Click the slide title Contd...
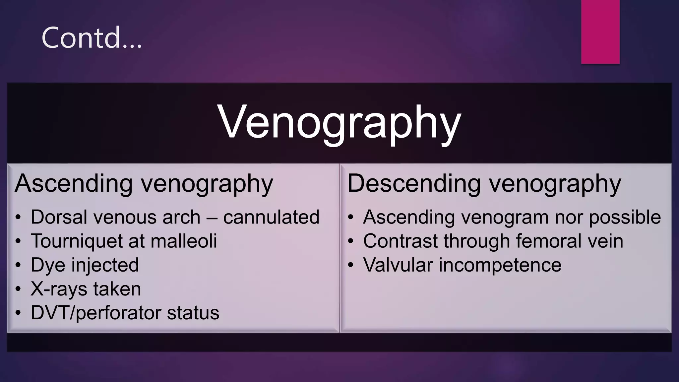(x=92, y=38)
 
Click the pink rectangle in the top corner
(x=600, y=32)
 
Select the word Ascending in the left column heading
(x=74, y=183)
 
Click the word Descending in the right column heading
(x=414, y=183)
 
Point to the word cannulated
(x=271, y=217)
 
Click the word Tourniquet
(x=77, y=241)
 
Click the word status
(x=193, y=313)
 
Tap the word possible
(x=625, y=218)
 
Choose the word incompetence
(x=500, y=265)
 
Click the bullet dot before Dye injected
(x=18, y=265)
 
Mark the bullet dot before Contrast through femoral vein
(x=351, y=241)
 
